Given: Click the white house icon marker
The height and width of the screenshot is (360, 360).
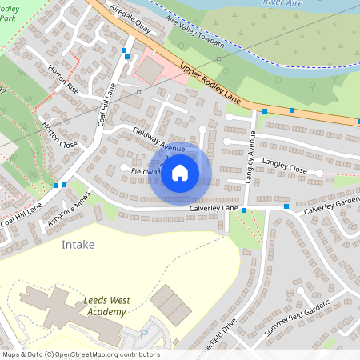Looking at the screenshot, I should [180, 173].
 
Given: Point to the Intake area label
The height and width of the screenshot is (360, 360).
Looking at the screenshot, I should [78, 245].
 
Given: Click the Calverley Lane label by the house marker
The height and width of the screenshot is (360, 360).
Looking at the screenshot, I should [214, 208].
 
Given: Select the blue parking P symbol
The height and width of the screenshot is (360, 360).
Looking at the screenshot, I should [144, 333].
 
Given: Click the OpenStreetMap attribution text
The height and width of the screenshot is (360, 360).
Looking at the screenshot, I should [80, 354].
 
